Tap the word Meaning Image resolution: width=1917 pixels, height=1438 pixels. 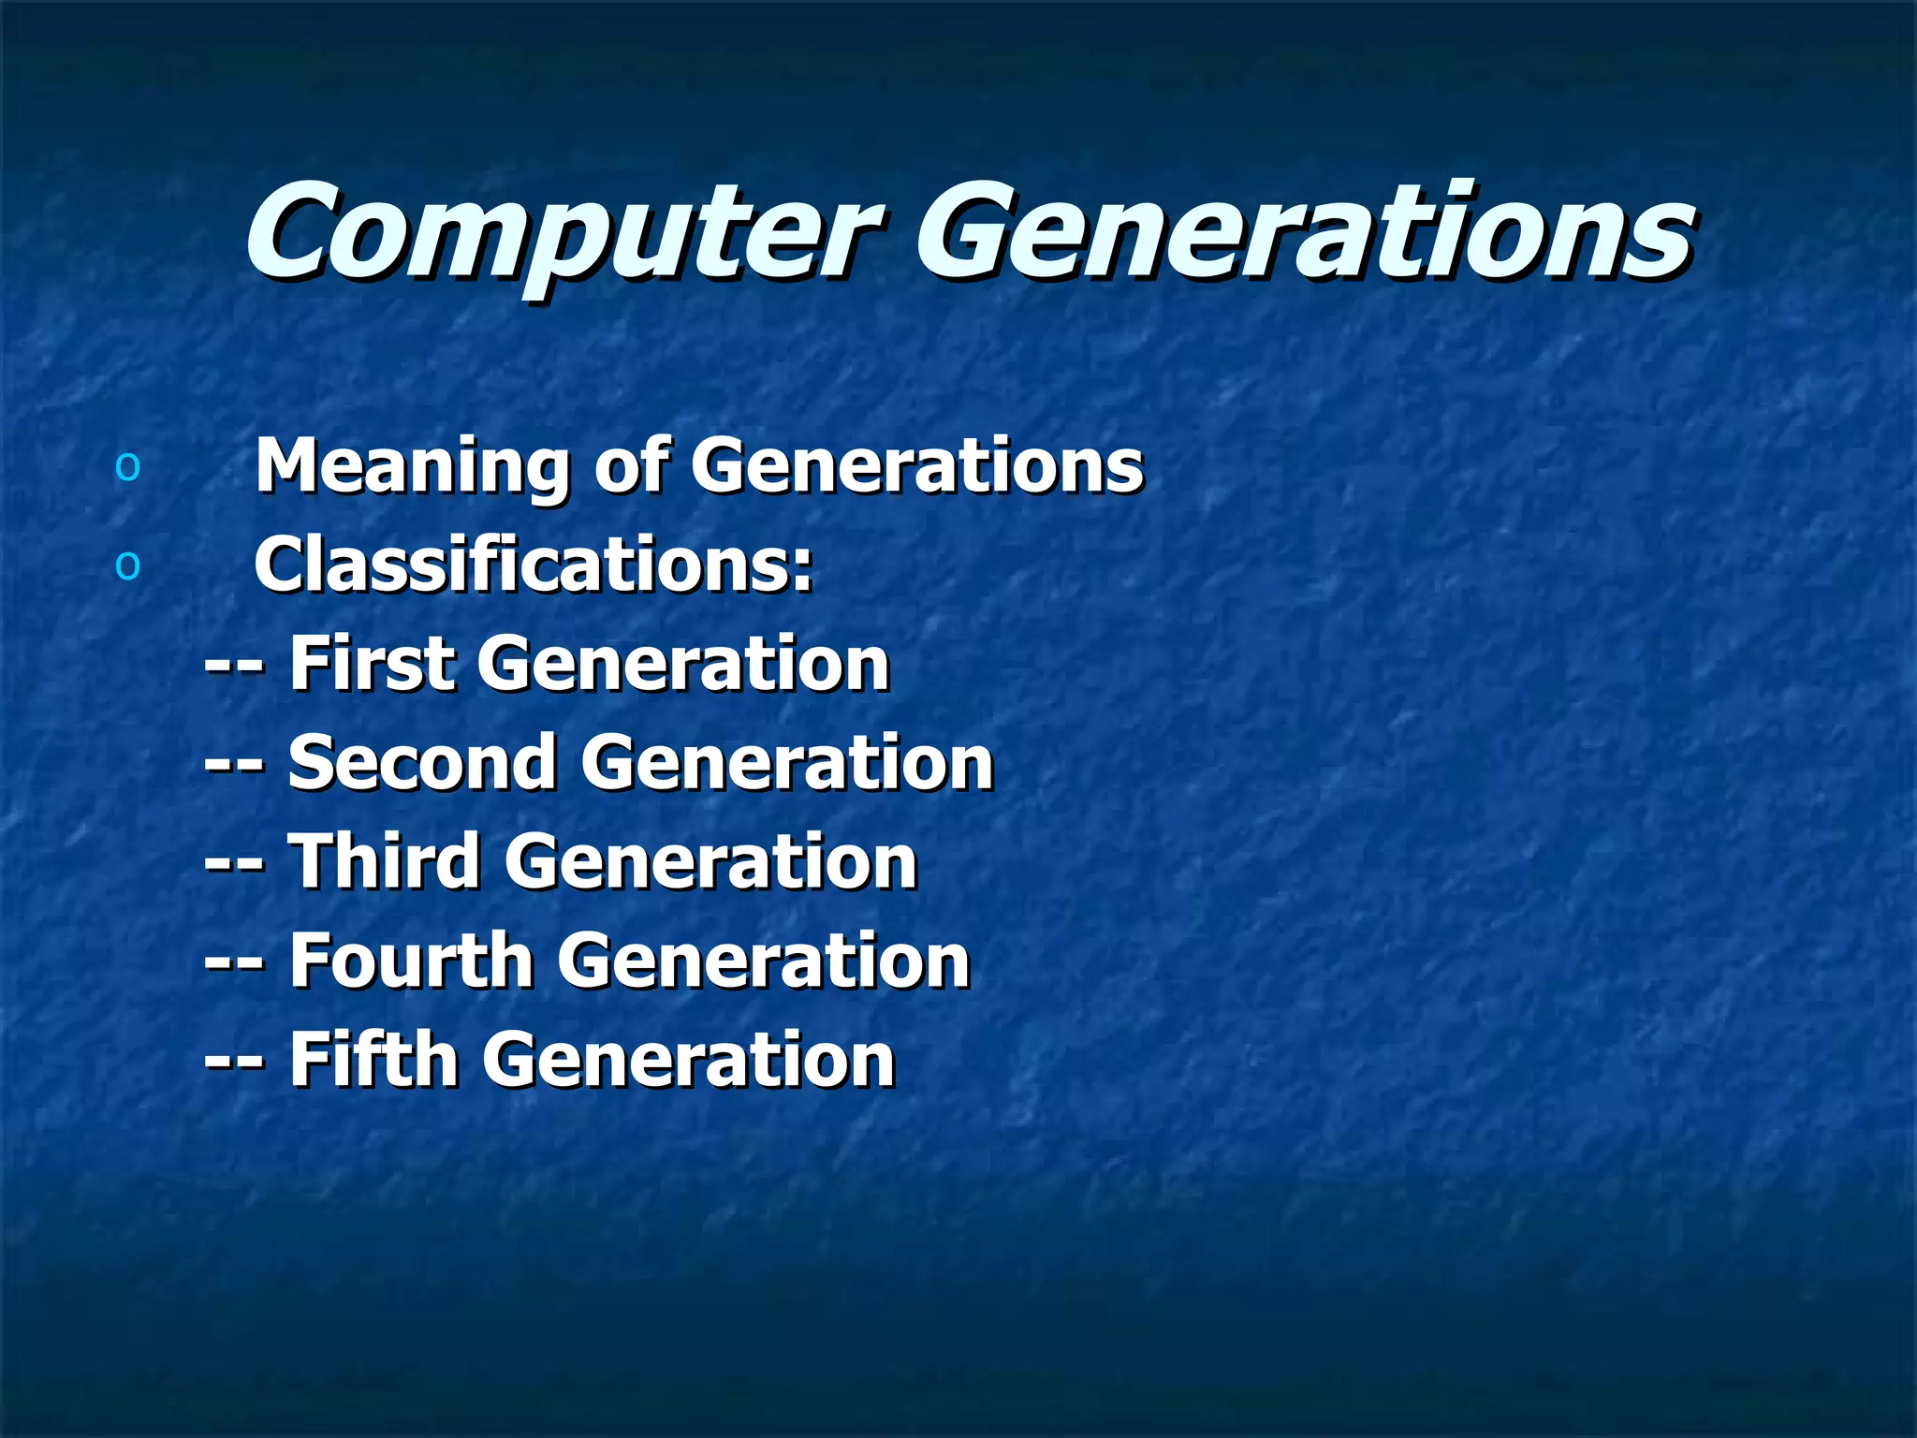(411, 466)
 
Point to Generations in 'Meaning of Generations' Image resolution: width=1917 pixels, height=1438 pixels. (917, 466)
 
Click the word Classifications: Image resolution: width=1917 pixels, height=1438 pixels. (534, 565)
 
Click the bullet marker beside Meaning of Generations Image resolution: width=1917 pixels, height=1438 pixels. (127, 466)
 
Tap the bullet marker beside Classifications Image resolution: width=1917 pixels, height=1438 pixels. (127, 565)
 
